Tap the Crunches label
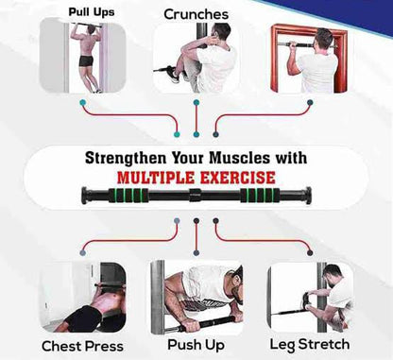point(196,14)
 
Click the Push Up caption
point(196,345)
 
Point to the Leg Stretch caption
point(309,344)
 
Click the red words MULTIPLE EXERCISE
point(196,177)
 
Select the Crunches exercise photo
point(196,59)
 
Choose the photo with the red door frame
point(309,59)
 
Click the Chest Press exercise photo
point(83,297)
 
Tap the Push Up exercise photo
point(196,296)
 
